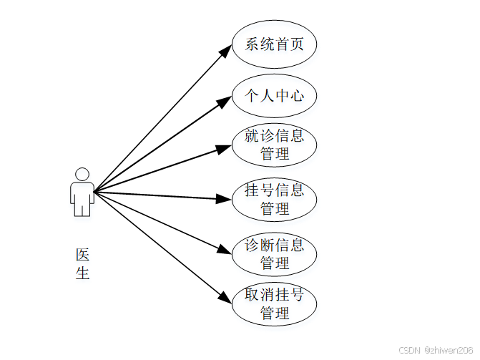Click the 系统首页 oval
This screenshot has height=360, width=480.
[x=274, y=44]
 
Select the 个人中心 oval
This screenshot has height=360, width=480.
[x=274, y=95]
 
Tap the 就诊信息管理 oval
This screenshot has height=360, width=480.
[x=274, y=145]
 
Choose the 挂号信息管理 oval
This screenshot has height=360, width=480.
[x=274, y=199]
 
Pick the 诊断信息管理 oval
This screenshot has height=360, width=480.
[x=274, y=253]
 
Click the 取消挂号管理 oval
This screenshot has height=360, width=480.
[x=274, y=303]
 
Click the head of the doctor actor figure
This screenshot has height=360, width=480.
[x=82, y=174]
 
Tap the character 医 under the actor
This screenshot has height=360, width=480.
[x=83, y=255]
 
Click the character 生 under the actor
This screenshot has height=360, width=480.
[x=83, y=273]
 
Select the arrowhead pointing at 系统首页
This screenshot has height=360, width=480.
[x=225, y=52]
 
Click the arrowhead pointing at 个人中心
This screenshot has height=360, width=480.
[x=224, y=102]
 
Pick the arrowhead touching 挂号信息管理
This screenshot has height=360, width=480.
[x=224, y=198]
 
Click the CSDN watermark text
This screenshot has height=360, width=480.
[x=408, y=351]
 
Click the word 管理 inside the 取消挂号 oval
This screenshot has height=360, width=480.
[x=274, y=313]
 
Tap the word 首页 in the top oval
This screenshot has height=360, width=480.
[x=289, y=44]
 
